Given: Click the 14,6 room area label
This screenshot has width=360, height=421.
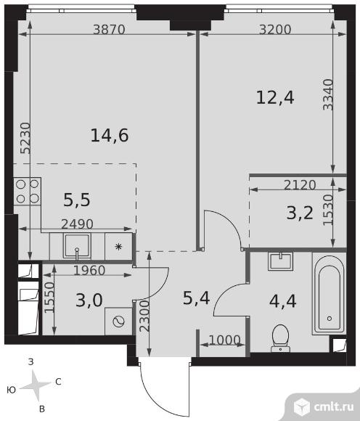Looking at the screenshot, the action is tap(110, 135).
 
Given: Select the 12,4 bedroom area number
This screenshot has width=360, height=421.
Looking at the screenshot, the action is tap(275, 97).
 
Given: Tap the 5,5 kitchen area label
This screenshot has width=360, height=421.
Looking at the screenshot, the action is tap(77, 200).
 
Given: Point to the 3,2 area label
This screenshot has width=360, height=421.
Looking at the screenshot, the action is tap(300, 213).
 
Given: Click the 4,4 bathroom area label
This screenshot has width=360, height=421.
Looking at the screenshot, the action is tap(282, 301).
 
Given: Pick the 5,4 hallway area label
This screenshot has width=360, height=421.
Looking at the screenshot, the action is tap(196, 298).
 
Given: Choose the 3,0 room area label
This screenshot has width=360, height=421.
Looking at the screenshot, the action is tap(89, 301).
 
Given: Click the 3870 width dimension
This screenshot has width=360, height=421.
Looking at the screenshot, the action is tap(109, 30).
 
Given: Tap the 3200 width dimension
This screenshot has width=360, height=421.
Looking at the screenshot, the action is tap(275, 30).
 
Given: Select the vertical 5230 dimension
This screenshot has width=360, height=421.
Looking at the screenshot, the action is tap(26, 138).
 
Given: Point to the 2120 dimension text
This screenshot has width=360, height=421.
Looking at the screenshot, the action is tap(300, 184).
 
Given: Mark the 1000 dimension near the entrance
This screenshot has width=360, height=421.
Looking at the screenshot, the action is tap(224, 340).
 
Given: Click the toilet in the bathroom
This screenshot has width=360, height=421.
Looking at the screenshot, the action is tap(280, 338).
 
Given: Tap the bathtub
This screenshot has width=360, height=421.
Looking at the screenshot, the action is tap(329, 295).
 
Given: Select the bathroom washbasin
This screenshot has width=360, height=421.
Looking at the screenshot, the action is tap(280, 261).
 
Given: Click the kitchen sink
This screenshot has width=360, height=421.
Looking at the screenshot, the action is tap(77, 246).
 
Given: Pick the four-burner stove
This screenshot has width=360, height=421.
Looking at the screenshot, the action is tap(28, 191).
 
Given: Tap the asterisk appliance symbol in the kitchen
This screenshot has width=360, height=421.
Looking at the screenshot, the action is tap(118, 247).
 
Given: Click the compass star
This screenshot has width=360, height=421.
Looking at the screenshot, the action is tap(36, 385).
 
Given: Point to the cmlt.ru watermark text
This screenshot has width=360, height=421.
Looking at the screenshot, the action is tap(334, 407).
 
